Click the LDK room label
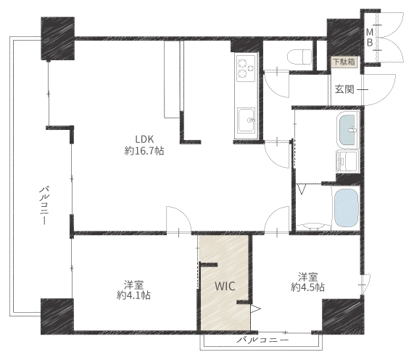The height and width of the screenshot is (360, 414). pos(144,139)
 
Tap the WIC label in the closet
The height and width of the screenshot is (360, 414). pos(225,286)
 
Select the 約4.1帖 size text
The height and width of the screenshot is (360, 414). pos(133,295)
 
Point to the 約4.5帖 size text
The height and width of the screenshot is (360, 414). pos(308,287)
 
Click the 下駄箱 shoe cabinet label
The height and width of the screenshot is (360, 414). pos(344,62)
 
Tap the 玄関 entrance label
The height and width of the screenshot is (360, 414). pos(344,89)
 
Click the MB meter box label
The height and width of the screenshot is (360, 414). pos(370,37)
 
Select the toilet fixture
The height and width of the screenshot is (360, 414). pos(299,57)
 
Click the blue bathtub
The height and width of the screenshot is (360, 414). pos(347,208)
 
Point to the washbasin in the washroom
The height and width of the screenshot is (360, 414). pos(348,130)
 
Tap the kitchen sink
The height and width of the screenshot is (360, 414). pos(247,120)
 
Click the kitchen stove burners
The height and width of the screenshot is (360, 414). pos(246,68)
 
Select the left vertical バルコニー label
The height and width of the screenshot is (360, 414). pos(44,205)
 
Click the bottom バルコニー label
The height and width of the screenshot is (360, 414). pos(262,340)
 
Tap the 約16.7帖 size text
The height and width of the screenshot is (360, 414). pos(144,151)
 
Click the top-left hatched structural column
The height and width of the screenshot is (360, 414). pos(57,38)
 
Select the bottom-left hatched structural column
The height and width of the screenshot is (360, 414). pos(57,316)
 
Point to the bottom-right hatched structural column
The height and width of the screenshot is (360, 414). pos(343,316)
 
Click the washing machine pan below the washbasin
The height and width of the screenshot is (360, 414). pos(347,162)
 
